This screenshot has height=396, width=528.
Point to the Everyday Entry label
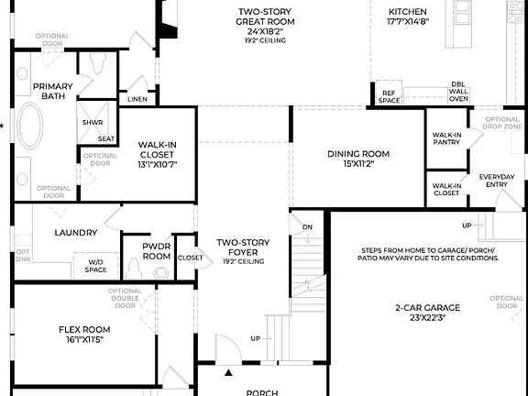point(497,181)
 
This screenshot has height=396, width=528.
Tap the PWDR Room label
point(157,252)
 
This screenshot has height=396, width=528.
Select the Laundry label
point(75,233)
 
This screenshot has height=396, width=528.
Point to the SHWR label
point(92,122)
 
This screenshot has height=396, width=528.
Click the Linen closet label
point(137,99)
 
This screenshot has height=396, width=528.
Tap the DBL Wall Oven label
point(457,92)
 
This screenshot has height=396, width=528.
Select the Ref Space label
point(390,96)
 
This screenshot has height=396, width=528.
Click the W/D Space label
point(96,266)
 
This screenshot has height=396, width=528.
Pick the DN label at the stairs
point(307,225)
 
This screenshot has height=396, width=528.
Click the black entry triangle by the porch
point(229,373)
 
